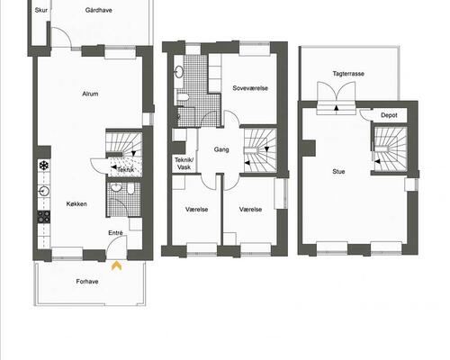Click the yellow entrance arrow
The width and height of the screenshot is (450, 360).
click(116, 265)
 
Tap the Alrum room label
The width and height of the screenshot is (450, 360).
click(90, 94)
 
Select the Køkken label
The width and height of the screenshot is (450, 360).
click(76, 204)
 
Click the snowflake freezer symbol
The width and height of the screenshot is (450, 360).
click(44, 165)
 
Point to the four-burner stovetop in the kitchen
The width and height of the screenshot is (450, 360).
click(44, 217)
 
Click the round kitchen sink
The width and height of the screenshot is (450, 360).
click(44, 191)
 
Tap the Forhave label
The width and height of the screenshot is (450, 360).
click(87, 282)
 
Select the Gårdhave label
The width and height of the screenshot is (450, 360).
click(99, 10)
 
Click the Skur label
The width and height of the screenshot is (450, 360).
click(41, 10)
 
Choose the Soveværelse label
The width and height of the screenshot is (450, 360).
click(250, 88)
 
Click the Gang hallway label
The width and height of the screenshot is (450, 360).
click(221, 149)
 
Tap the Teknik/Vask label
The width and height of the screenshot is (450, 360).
click(184, 164)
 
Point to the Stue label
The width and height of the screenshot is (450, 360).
click(338, 172)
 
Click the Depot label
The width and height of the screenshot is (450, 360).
click(389, 115)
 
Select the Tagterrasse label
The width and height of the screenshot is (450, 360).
click(348, 74)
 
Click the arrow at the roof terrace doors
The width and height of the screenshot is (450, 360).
click(337, 108)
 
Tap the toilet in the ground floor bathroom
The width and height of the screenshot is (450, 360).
click(131, 189)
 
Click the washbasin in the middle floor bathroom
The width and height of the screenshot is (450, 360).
click(179, 71)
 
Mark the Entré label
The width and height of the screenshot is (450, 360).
click(115, 233)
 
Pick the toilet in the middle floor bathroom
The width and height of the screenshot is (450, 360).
click(183, 97)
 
